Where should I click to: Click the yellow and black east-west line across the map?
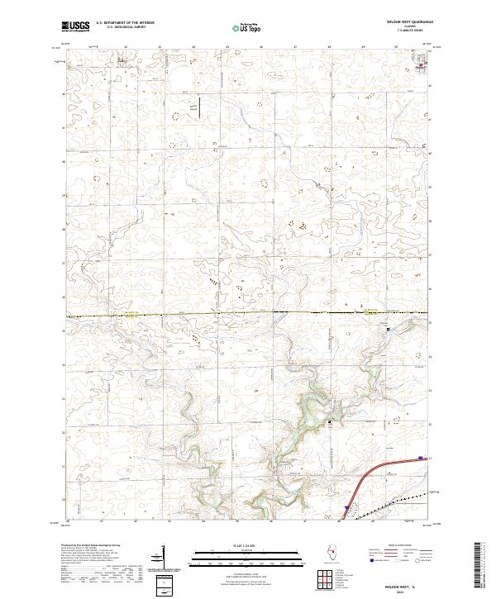pyautogui.click(x=248, y=313)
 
